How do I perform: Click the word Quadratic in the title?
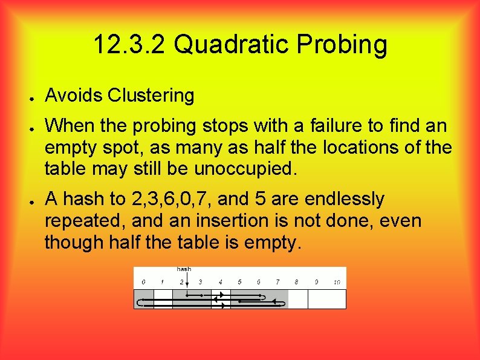tap(238, 44)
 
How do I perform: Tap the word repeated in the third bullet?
tap(82, 220)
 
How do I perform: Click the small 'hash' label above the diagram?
tap(184, 269)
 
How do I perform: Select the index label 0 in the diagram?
tap(143, 282)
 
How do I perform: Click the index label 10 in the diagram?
tap(337, 282)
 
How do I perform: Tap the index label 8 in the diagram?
tap(296, 282)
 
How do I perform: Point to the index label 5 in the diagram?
tap(239, 282)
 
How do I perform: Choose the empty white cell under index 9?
tap(317, 299)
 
